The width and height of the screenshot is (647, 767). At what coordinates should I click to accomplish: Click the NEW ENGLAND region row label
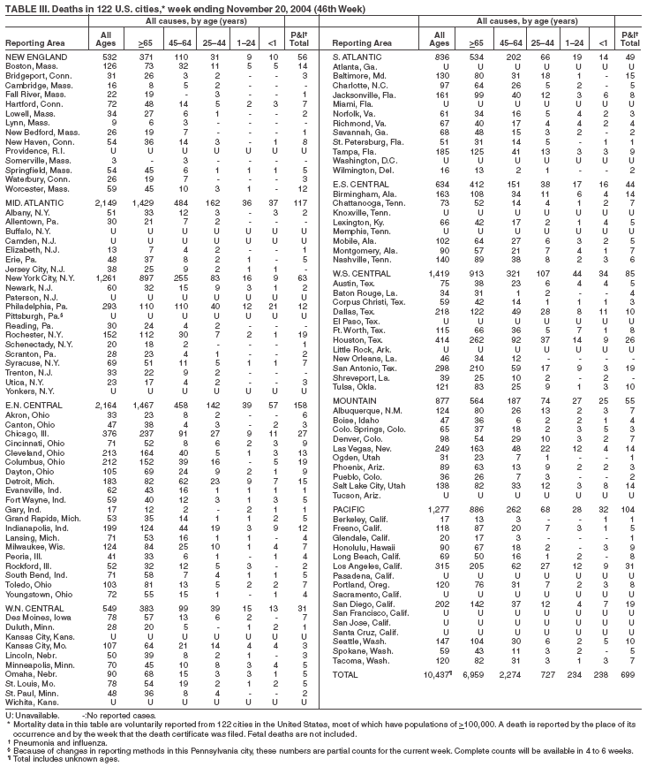tap(31, 57)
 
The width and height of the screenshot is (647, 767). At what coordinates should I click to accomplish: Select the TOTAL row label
tap(346, 674)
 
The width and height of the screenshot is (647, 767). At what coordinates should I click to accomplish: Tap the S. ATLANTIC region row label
tap(355, 57)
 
